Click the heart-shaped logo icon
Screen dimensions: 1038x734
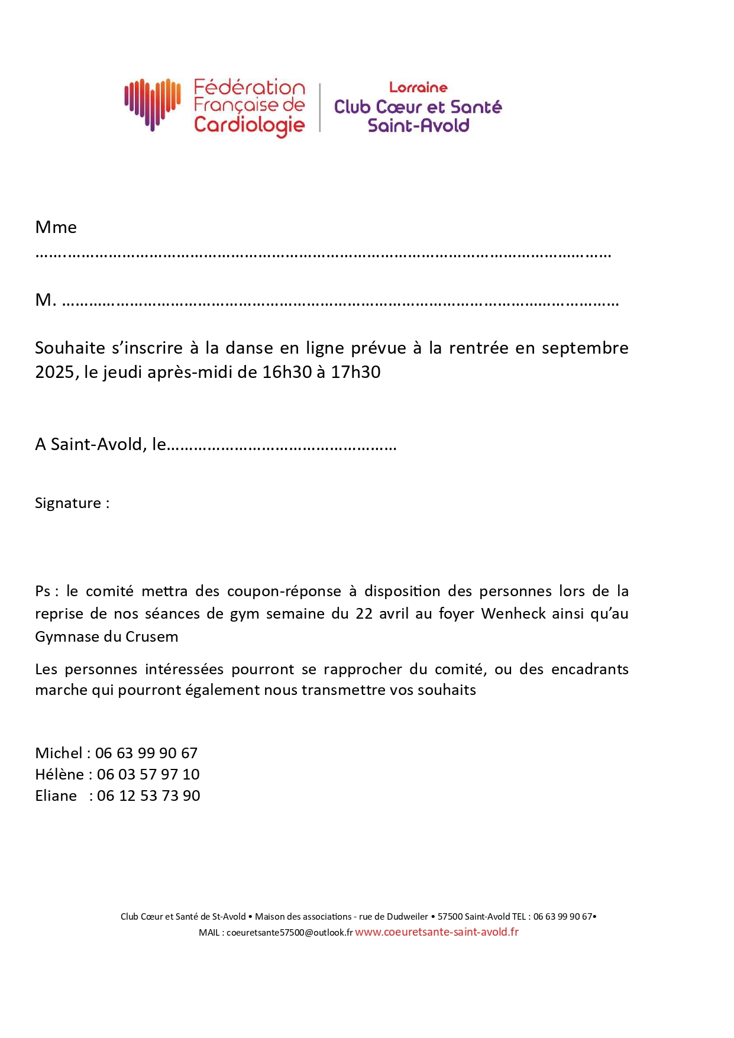[152, 103]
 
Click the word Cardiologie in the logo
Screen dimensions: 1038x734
[249, 125]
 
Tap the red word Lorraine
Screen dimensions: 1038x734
[418, 88]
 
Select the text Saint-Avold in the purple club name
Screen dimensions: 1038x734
[418, 125]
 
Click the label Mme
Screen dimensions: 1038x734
[56, 227]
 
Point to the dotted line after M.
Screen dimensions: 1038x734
[340, 302]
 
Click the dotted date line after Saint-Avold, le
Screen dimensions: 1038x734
[282, 445]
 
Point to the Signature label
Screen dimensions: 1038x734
[68, 503]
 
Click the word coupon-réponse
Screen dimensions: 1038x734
[284, 591]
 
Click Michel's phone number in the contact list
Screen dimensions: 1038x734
[146, 753]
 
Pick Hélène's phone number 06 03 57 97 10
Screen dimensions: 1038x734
[148, 774]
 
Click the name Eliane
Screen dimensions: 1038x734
[56, 796]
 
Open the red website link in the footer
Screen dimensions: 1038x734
[436, 932]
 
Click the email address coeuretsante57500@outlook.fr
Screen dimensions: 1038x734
[289, 933]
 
